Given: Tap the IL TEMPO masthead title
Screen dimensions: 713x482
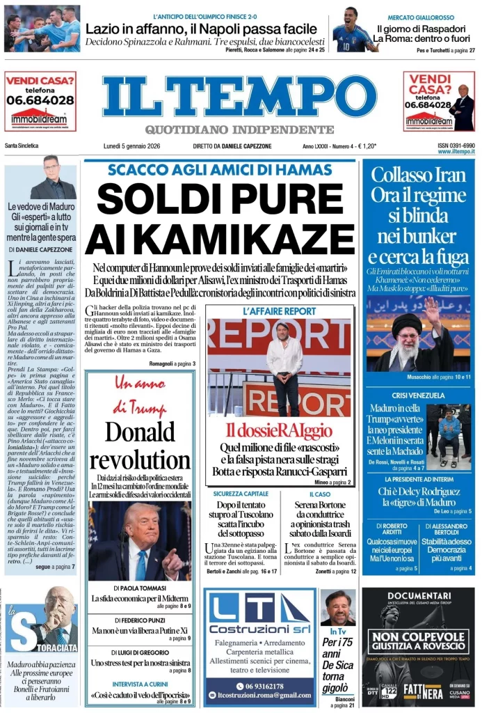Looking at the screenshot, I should (239, 96).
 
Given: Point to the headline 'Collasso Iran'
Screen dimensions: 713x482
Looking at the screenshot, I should (418, 175).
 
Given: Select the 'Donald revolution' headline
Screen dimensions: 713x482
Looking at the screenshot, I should (140, 446).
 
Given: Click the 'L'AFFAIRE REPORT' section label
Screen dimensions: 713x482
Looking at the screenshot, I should (280, 311).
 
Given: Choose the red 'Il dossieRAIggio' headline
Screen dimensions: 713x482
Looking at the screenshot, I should (280, 430).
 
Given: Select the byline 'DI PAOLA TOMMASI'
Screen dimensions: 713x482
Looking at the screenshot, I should (139, 587).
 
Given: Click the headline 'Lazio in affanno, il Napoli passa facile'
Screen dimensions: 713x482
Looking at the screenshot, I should (204, 29).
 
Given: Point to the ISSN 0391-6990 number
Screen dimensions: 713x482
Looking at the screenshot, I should (456, 146).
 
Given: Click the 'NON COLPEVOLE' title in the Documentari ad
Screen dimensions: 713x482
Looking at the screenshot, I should (418, 636).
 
